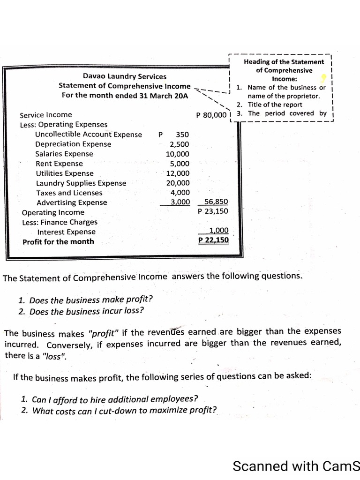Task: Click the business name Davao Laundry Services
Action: coord(125,76)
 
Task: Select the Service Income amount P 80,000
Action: coord(211,115)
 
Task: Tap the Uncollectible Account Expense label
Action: coord(89,135)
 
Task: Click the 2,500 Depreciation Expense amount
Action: coord(180,144)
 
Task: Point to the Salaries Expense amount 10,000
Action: coord(178,154)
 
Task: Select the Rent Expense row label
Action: coord(59,164)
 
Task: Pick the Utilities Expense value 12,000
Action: coord(178,173)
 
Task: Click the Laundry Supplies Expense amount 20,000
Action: coord(178,183)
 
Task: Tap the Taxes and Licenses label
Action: coord(69,193)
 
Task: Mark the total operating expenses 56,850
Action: coord(216,202)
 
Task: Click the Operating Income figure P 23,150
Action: coord(213,211)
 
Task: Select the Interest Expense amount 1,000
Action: coord(218,231)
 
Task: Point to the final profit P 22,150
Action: coord(214,240)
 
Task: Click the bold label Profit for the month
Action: coord(58,242)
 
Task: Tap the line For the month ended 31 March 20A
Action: coord(125,95)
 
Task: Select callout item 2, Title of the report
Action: coord(274,105)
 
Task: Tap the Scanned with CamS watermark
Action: coord(296,466)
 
